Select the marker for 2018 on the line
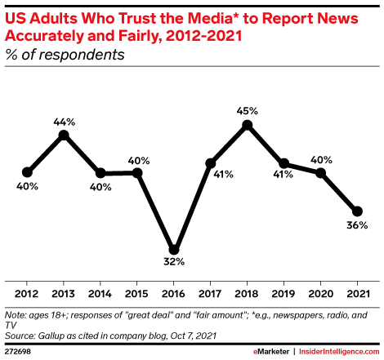click(247, 125)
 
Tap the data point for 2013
click(64, 135)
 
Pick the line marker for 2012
click(27, 172)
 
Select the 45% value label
click(248, 110)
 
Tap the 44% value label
click(64, 120)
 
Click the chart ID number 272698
click(20, 350)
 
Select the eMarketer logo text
click(269, 350)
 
